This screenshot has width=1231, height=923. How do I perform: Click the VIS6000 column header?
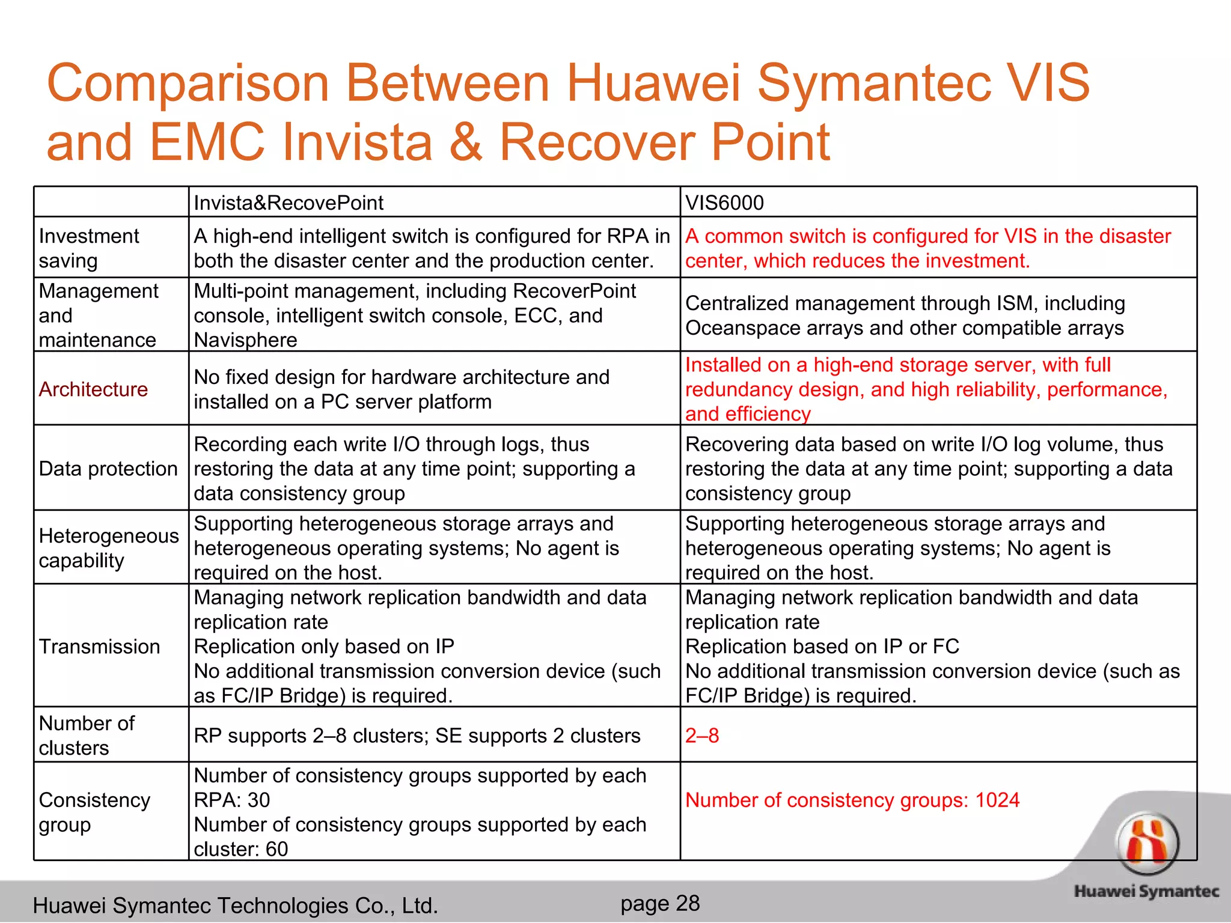point(724,203)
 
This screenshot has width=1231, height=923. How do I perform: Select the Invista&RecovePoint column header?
point(288,203)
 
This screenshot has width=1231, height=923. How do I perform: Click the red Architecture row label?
point(93,389)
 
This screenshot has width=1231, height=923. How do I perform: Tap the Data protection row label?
point(108,469)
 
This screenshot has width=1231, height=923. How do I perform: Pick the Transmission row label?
point(99,647)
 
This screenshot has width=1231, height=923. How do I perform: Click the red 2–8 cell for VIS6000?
point(702,736)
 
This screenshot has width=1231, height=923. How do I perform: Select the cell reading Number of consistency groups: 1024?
point(852,800)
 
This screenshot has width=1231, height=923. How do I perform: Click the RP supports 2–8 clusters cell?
point(417,736)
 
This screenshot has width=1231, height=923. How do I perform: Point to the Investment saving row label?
point(89,248)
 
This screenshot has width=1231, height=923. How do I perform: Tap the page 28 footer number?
point(659,903)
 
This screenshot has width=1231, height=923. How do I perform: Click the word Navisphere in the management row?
point(245,340)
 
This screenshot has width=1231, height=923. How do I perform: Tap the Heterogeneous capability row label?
point(108,548)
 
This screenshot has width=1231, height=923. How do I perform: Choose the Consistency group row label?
point(94,812)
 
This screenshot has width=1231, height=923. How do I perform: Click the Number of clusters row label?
point(87,736)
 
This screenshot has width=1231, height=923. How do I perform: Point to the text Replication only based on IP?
point(323,647)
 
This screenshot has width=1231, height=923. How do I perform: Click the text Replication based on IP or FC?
point(822,647)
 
